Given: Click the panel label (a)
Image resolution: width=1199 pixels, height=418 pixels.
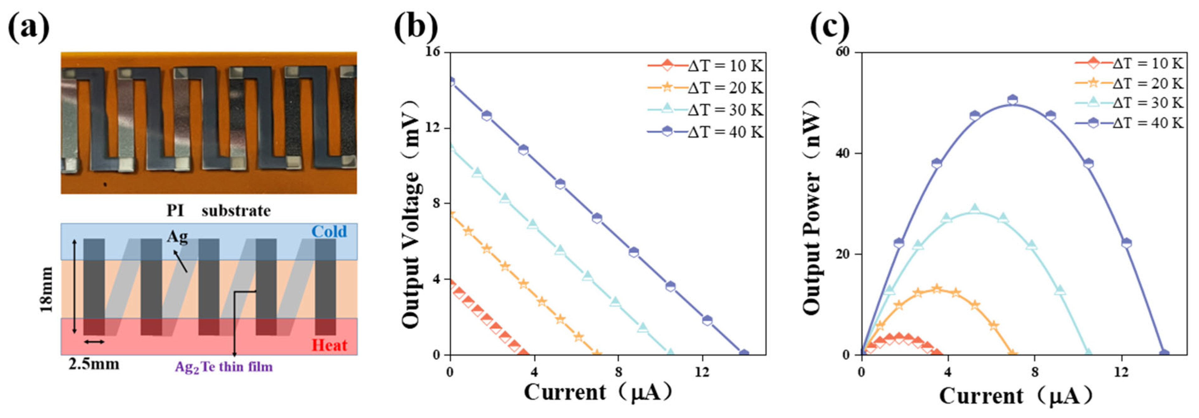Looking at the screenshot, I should (x=29, y=27).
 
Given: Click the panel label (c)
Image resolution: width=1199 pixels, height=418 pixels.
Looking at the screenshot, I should (x=830, y=27).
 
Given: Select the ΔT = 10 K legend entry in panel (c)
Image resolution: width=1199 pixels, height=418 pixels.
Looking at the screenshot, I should (x=1129, y=63).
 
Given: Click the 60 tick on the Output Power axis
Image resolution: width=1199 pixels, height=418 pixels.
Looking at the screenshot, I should (x=846, y=52).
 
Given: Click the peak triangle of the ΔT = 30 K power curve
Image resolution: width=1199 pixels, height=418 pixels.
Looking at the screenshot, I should (x=975, y=209).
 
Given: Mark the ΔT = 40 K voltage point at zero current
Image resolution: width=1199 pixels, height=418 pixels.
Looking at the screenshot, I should (x=450, y=81).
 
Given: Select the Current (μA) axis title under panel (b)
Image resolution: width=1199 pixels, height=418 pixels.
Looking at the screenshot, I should (x=598, y=392).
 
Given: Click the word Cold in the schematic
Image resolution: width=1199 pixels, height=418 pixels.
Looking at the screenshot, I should (x=329, y=231).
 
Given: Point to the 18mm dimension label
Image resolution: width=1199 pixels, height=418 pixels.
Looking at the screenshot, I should (x=46, y=289).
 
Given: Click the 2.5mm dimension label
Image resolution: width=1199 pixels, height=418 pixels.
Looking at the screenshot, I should (x=94, y=364).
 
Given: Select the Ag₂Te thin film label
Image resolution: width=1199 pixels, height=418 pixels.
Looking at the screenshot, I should (x=224, y=367).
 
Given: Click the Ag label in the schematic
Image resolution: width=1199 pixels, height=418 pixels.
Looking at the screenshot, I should (x=177, y=236).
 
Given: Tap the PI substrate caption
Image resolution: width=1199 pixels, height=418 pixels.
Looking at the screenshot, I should (x=219, y=211).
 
